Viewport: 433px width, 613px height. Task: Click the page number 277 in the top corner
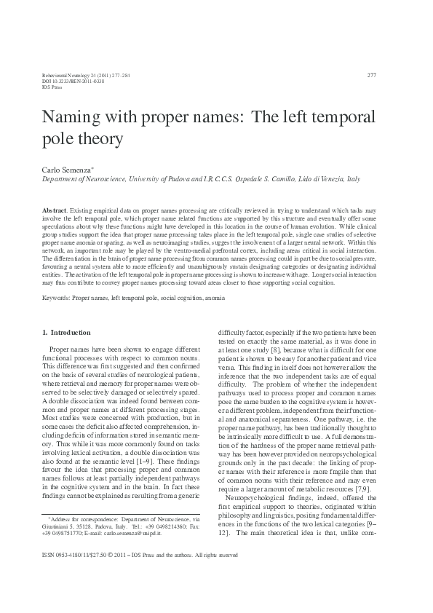[372, 75]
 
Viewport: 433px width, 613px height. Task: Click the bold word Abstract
[55, 209]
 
